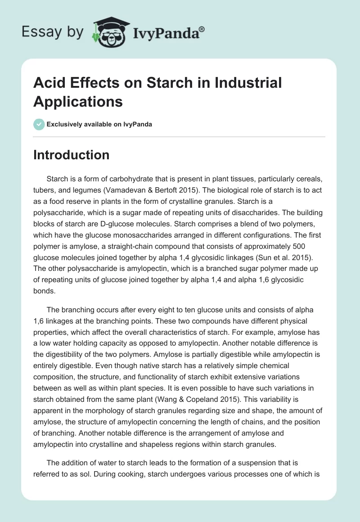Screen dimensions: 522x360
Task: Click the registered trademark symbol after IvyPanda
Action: click(x=202, y=29)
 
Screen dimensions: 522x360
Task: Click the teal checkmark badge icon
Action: click(x=39, y=125)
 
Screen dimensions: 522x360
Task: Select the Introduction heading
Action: click(x=72, y=155)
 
